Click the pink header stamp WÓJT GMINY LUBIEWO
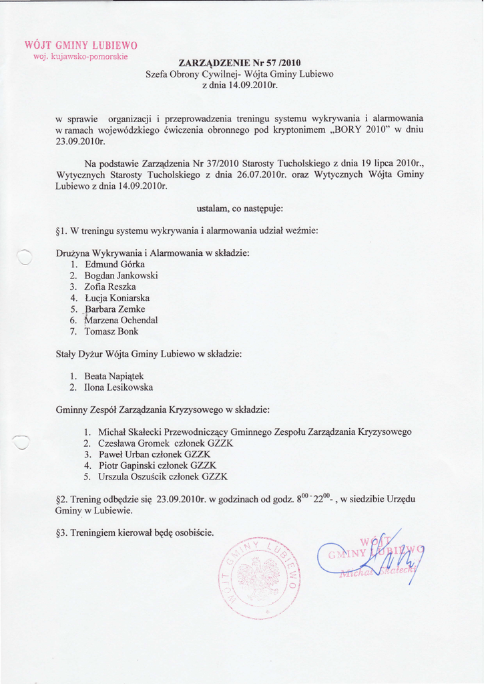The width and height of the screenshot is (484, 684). tap(81, 45)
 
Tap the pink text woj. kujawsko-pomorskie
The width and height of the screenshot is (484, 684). tap(81, 57)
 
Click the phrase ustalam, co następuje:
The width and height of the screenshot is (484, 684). tap(240, 209)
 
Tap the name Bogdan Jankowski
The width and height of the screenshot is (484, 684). tap(121, 275)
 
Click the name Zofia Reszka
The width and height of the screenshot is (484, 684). tap(110, 287)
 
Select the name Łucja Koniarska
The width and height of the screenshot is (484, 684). tap(117, 298)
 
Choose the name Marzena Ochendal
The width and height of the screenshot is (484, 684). tap(121, 320)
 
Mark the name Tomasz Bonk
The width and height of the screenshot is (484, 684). tap(111, 331)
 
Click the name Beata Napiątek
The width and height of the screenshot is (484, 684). tap(114, 376)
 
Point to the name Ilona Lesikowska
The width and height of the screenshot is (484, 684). tap(119, 387)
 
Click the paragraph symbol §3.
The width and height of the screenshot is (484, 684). tap(61, 533)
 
